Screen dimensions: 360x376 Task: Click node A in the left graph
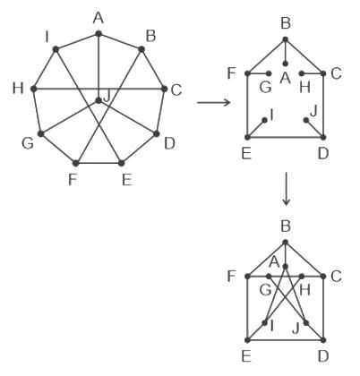pyautogui.click(x=99, y=34)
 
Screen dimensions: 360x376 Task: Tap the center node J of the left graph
pyautogui.click(x=99, y=101)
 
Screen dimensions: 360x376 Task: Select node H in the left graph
pyautogui.click(x=34, y=89)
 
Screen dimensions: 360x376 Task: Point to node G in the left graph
pyautogui.click(x=41, y=134)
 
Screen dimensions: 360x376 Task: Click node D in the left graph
pyautogui.click(x=156, y=134)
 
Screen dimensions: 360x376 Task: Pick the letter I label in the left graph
pyautogui.click(x=47, y=38)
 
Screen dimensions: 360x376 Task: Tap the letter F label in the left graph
pyautogui.click(x=73, y=180)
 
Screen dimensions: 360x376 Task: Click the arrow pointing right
pyautogui.click(x=214, y=103)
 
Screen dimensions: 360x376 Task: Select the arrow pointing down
pyautogui.click(x=286, y=189)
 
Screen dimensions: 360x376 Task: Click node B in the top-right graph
pyautogui.click(x=286, y=39)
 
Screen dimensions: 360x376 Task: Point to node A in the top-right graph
pyautogui.click(x=286, y=64)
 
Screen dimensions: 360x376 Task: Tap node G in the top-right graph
pyautogui.click(x=269, y=73)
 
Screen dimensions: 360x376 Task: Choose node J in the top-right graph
pyautogui.click(x=306, y=120)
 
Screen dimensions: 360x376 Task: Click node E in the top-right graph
pyautogui.click(x=247, y=137)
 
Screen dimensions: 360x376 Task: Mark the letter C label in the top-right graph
pyautogui.click(x=336, y=73)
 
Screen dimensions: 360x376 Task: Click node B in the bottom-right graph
pyautogui.click(x=286, y=242)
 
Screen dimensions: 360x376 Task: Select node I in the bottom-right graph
pyautogui.click(x=264, y=323)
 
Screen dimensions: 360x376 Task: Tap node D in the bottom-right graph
pyautogui.click(x=323, y=340)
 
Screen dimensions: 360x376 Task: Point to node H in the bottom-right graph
pyautogui.click(x=302, y=276)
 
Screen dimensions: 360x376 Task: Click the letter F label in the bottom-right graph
pyautogui.click(x=232, y=277)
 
